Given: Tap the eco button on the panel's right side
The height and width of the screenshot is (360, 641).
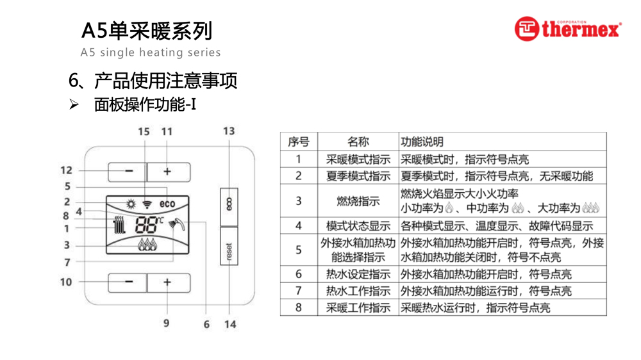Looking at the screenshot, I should [x=229, y=206].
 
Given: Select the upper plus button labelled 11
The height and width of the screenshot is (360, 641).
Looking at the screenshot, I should [x=168, y=172].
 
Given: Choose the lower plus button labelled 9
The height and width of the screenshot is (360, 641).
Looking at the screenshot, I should [x=168, y=282].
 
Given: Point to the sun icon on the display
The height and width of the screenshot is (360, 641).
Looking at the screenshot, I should [x=131, y=204].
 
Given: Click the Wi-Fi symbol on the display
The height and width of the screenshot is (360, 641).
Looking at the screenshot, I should [x=147, y=204].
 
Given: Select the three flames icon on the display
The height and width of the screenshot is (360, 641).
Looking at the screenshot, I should [x=147, y=244].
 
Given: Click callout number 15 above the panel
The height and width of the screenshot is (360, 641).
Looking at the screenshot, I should [x=144, y=132].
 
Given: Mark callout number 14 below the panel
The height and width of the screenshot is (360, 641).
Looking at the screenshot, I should [x=229, y=324].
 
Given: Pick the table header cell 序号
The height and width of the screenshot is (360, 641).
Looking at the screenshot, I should [x=299, y=142].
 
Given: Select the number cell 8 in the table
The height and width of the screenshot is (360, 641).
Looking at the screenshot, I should [x=299, y=307].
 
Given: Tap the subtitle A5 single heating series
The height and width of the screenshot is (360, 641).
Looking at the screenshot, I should [x=151, y=53].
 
